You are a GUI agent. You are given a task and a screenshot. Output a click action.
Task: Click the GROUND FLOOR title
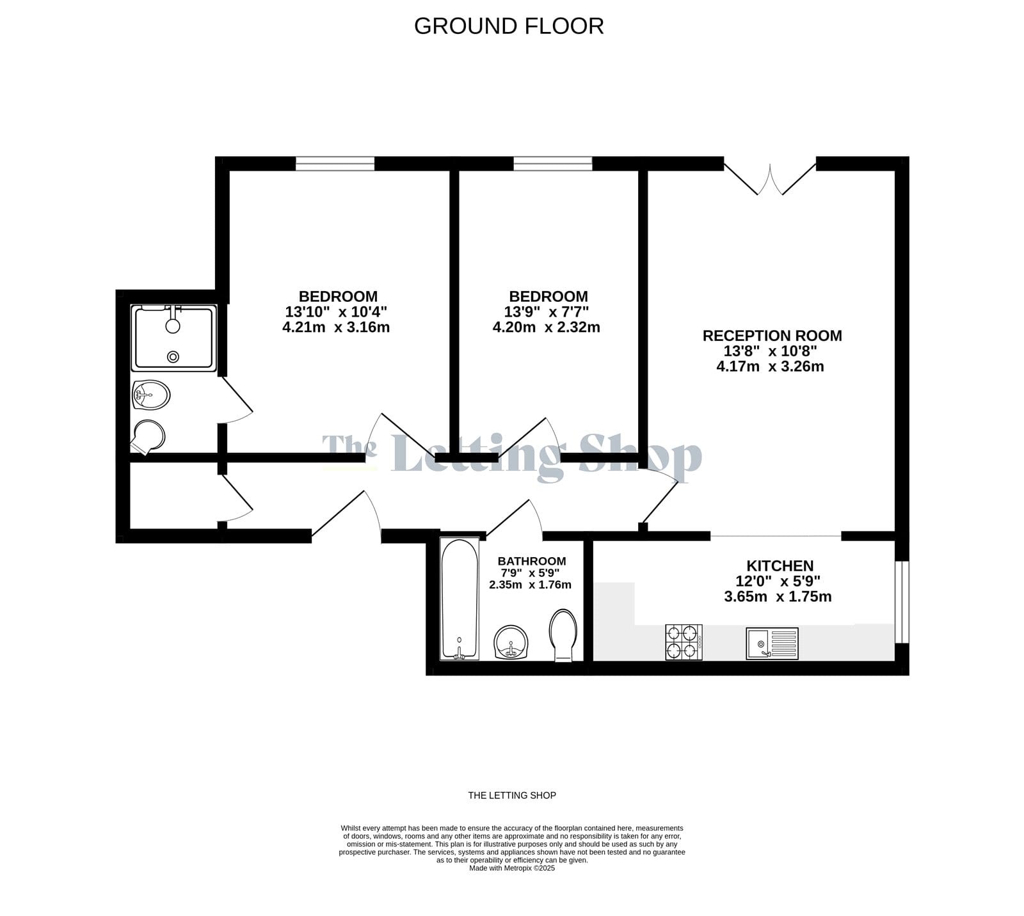pyautogui.click(x=509, y=26)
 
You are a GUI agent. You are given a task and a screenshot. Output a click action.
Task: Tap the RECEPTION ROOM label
pyautogui.click(x=772, y=336)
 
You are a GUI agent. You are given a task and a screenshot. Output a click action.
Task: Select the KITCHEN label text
pyautogui.click(x=780, y=566)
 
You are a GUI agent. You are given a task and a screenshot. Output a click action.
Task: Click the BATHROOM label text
pyautogui.click(x=532, y=561)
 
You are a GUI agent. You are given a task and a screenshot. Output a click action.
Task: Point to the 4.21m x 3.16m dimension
pyautogui.click(x=336, y=328)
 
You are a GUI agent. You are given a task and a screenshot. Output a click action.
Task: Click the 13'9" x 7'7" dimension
pyautogui.click(x=546, y=312)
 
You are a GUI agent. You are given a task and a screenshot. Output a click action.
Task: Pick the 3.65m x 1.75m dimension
pyautogui.click(x=778, y=597)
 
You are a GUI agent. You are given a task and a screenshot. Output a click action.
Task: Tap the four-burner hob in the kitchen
pyautogui.click(x=684, y=642)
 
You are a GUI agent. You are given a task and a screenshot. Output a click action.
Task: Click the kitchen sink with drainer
pyautogui.click(x=772, y=643)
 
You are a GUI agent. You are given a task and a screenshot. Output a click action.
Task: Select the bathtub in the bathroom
pyautogui.click(x=460, y=599)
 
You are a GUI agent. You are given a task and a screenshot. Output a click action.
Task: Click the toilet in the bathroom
pyautogui.click(x=563, y=635)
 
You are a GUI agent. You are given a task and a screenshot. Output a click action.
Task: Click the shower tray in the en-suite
pyautogui.click(x=174, y=338)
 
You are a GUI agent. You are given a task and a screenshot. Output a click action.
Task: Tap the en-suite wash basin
pyautogui.click(x=150, y=395)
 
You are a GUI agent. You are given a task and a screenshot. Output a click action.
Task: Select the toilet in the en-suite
pyautogui.click(x=147, y=438)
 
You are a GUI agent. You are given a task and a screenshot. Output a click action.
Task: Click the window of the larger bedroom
pyautogui.click(x=335, y=164)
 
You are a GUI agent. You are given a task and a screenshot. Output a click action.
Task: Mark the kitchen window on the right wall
pyautogui.click(x=902, y=602)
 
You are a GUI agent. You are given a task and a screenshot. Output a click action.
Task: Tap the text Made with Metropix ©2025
pyautogui.click(x=512, y=868)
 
